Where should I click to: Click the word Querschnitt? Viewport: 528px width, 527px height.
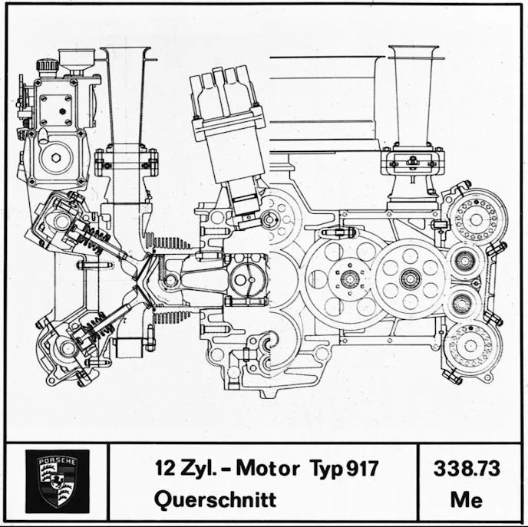[x=215, y=499]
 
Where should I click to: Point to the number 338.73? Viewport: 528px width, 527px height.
[x=467, y=468]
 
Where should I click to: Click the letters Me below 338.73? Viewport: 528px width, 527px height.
[x=467, y=499]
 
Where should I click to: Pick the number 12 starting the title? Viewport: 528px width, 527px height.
[x=163, y=467]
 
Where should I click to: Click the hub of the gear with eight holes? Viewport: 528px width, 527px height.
[x=348, y=278]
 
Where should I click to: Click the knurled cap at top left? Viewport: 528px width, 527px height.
[x=47, y=64]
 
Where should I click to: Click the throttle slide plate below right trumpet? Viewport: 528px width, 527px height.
[x=412, y=162]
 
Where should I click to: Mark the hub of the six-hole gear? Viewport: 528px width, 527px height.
[x=411, y=278]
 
